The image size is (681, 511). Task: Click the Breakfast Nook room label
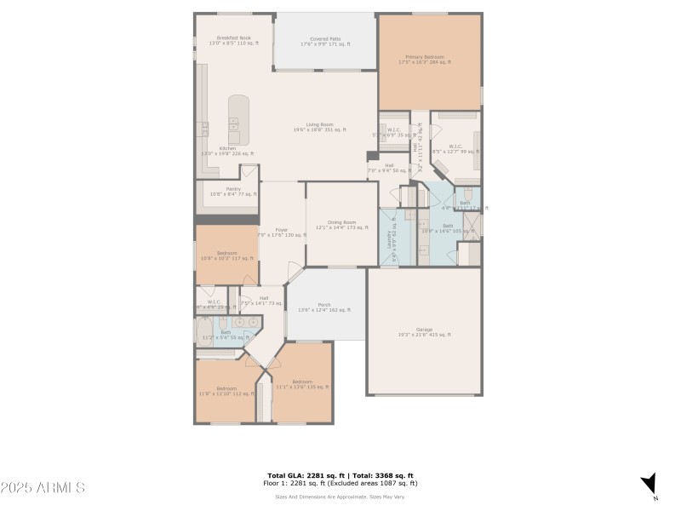click(x=233, y=40)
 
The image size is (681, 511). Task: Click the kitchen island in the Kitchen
click(x=238, y=120)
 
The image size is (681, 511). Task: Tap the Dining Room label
click(x=340, y=225)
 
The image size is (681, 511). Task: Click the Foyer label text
click(x=280, y=233)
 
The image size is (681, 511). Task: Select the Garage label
click(x=424, y=331)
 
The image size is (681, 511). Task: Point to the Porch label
click(x=324, y=307)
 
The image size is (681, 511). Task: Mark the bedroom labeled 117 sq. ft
click(x=226, y=255)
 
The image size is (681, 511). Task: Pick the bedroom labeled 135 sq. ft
click(x=301, y=384)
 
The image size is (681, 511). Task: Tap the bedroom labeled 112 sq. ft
click(x=226, y=391)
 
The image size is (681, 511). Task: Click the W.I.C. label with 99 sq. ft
click(x=455, y=148)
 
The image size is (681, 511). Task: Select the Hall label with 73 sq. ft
click(x=264, y=300)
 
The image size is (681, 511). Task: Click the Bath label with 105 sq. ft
click(x=447, y=227)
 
